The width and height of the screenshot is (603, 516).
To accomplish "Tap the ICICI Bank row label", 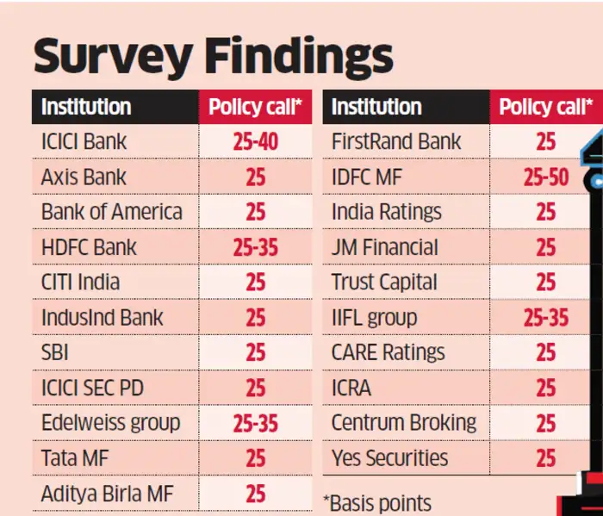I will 84,141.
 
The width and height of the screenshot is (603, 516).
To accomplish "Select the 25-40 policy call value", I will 255,141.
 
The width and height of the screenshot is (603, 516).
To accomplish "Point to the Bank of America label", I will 112,212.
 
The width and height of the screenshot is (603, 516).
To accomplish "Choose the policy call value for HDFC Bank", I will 255,248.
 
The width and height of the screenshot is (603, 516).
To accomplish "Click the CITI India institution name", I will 80,282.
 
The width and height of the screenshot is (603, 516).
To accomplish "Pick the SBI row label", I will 55,352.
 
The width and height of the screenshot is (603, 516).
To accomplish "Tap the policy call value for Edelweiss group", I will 255,423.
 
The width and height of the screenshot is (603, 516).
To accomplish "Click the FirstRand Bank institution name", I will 396,141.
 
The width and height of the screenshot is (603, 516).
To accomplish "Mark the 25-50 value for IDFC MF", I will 545,177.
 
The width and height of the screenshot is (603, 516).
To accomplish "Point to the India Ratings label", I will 386,212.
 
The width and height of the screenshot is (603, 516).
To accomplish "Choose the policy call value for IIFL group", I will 545,318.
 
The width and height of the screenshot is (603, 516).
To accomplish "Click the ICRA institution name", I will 351,388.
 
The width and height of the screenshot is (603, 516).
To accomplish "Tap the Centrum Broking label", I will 403,423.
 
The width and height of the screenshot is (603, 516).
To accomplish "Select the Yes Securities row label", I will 389,458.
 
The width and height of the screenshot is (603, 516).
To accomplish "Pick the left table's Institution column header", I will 86,107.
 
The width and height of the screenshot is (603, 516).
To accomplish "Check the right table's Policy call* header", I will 545,107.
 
